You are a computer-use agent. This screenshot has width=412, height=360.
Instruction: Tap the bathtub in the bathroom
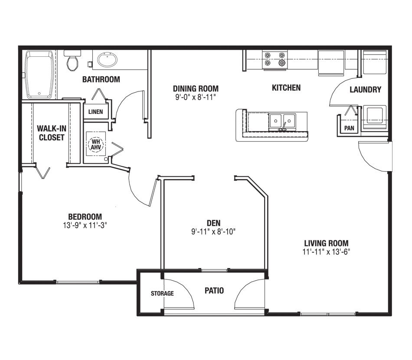tap(40, 75)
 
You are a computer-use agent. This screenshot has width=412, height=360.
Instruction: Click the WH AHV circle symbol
tap(95, 144)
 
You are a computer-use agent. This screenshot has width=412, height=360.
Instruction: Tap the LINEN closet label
tap(95, 112)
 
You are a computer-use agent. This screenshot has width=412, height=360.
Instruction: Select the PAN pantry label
tap(349, 128)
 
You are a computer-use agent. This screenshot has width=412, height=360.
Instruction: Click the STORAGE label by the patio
tap(162, 293)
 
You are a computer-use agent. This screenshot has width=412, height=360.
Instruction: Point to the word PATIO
tap(214, 290)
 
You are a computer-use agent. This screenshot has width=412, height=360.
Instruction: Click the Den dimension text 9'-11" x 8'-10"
tap(213, 231)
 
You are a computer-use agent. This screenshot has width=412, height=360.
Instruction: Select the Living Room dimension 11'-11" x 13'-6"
tap(326, 252)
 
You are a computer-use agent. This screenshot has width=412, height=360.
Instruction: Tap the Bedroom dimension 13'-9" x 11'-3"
tap(85, 225)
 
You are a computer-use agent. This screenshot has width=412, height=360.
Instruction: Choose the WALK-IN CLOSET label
tap(51, 133)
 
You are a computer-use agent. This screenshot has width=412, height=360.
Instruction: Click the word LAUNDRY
tap(365, 90)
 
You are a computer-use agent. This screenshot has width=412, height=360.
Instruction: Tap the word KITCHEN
tap(286, 88)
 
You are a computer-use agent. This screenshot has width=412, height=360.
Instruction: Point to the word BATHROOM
tap(101, 79)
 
